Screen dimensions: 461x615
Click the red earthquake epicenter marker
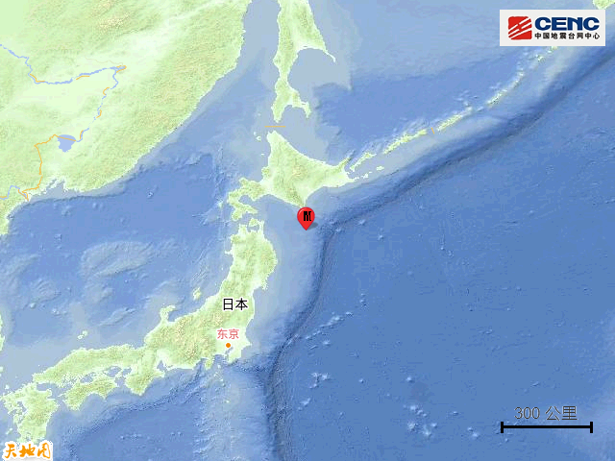pyautogui.click(x=306, y=217)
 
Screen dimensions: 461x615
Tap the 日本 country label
pyautogui.click(x=234, y=304)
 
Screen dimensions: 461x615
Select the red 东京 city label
pyautogui.click(x=228, y=334)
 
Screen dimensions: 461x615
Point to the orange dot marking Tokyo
pyautogui.click(x=228, y=346)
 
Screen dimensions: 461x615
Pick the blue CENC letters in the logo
pyautogui.click(x=566, y=23)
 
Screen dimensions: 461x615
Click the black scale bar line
pyautogui.click(x=546, y=426)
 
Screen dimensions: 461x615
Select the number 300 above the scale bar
pyautogui.click(x=527, y=413)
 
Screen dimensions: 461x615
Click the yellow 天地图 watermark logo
pyautogui.click(x=26, y=449)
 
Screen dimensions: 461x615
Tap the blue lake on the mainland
pyautogui.click(x=65, y=144)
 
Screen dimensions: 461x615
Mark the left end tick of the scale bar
pyautogui.click(x=502, y=426)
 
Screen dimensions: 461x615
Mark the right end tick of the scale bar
pyautogui.click(x=591, y=426)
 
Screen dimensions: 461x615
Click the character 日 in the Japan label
pyautogui.click(x=228, y=304)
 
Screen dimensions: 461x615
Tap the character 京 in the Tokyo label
pyautogui.click(x=234, y=334)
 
